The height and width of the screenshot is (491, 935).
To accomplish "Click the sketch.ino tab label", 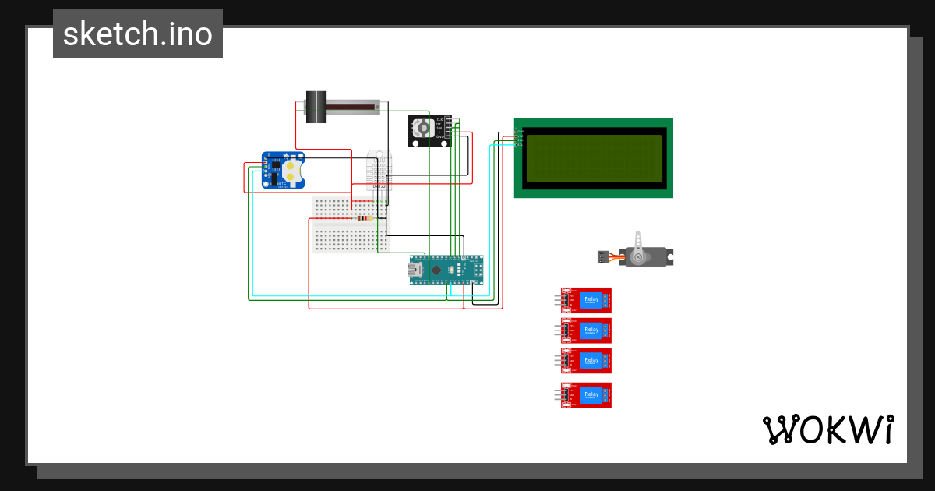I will (138, 34).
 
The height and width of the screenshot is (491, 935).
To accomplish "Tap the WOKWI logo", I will (827, 429).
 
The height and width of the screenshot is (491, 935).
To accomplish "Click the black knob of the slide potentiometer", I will (316, 108).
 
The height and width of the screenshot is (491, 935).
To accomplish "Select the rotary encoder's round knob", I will (422, 128).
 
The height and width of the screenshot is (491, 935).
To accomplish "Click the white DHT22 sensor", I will (379, 169).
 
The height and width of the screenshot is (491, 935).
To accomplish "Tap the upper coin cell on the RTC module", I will (292, 165).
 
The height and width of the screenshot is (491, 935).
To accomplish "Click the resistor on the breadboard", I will (362, 218).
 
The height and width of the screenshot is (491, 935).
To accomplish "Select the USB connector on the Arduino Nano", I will (415, 270).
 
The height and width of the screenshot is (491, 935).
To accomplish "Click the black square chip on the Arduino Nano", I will (438, 270).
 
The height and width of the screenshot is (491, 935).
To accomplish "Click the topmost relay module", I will (587, 300).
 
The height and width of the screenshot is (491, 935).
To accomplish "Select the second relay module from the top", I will (587, 330).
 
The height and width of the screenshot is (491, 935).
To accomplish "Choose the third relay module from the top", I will (587, 361).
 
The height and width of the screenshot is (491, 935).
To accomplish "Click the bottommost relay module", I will (587, 395).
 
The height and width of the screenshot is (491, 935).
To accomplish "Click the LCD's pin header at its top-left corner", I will (519, 138).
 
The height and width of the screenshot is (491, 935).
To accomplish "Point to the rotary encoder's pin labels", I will (439, 128).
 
